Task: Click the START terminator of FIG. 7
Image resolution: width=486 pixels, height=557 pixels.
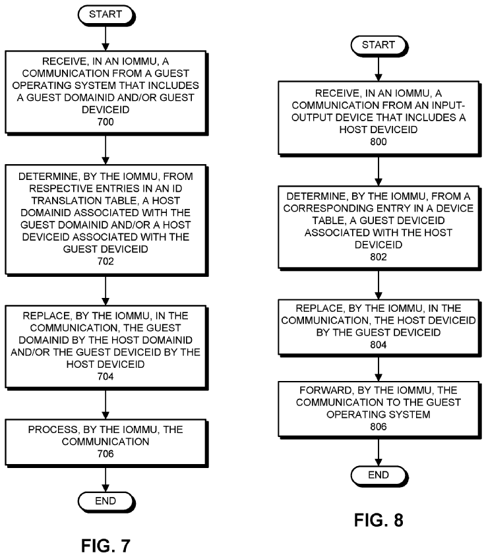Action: pyautogui.click(x=106, y=15)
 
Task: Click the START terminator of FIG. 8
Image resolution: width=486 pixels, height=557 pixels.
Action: pyautogui.click(x=379, y=45)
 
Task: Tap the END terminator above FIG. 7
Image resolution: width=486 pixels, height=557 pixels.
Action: pyautogui.click(x=106, y=502)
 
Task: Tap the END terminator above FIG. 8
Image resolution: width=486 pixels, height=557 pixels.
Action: pyautogui.click(x=379, y=476)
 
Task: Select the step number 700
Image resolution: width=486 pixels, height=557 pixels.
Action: pyautogui.click(x=106, y=122)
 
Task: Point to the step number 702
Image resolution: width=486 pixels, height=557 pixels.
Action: pyautogui.click(x=106, y=262)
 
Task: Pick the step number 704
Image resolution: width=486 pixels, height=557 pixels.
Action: pyautogui.click(x=106, y=376)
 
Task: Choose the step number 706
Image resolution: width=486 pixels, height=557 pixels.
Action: pyautogui.click(x=106, y=454)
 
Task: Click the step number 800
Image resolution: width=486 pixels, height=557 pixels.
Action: pyautogui.click(x=379, y=142)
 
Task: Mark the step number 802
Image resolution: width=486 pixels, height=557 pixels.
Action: pyautogui.click(x=379, y=257)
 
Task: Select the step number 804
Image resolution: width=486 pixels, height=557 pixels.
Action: pyautogui.click(x=379, y=345)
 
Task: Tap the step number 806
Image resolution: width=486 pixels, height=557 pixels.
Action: pyautogui.click(x=379, y=426)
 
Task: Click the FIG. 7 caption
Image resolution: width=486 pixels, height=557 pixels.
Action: pyautogui.click(x=106, y=546)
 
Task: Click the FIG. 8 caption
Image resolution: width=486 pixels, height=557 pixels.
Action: pyautogui.click(x=379, y=520)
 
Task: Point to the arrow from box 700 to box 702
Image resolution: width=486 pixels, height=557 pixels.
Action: pyautogui.click(x=106, y=150)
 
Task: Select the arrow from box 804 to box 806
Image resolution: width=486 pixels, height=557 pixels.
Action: pyautogui.click(x=379, y=368)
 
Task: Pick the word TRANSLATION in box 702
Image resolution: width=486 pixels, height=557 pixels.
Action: pyautogui.click(x=84, y=200)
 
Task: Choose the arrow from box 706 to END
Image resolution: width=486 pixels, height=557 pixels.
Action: pyautogui.click(x=106, y=480)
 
